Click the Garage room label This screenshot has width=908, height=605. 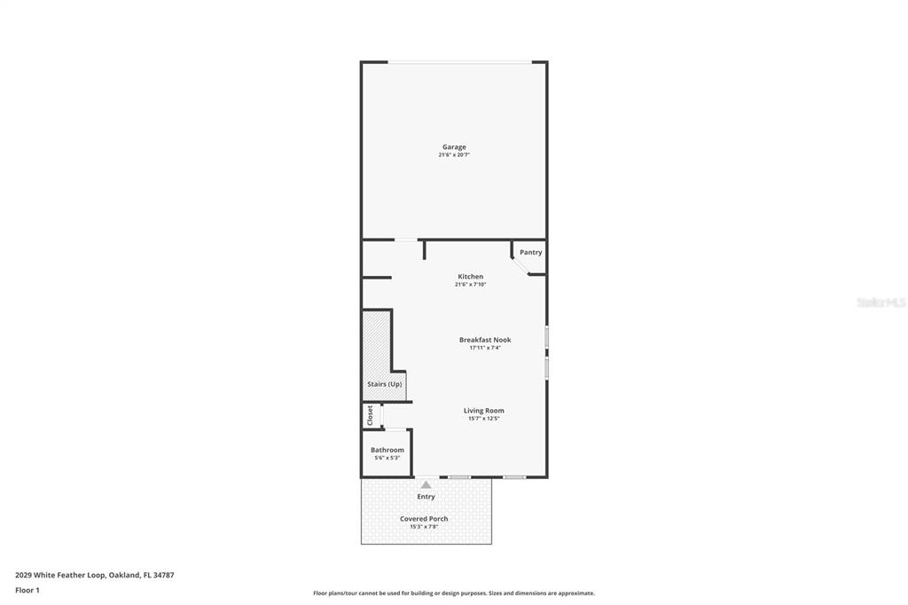point(454,147)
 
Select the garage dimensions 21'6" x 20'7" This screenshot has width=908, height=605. point(454,155)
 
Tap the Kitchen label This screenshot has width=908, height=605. point(470,277)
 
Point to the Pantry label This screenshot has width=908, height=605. point(530,253)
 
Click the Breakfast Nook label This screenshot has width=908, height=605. point(485,340)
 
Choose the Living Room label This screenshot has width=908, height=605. point(483,411)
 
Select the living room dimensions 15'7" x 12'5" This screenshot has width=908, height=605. point(483,419)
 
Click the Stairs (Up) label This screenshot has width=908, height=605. point(385,384)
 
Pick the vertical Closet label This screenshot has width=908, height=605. point(371,415)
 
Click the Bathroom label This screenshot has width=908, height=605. point(387,450)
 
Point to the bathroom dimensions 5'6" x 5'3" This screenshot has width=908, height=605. point(387,458)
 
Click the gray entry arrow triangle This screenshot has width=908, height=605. point(426,484)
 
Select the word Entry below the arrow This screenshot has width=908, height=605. point(426,497)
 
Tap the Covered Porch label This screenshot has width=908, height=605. point(424,519)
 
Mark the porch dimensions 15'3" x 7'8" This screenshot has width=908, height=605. point(424,527)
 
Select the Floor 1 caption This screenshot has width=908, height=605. point(27,590)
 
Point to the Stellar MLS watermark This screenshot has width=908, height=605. point(881,302)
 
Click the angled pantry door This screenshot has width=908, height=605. point(521,266)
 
